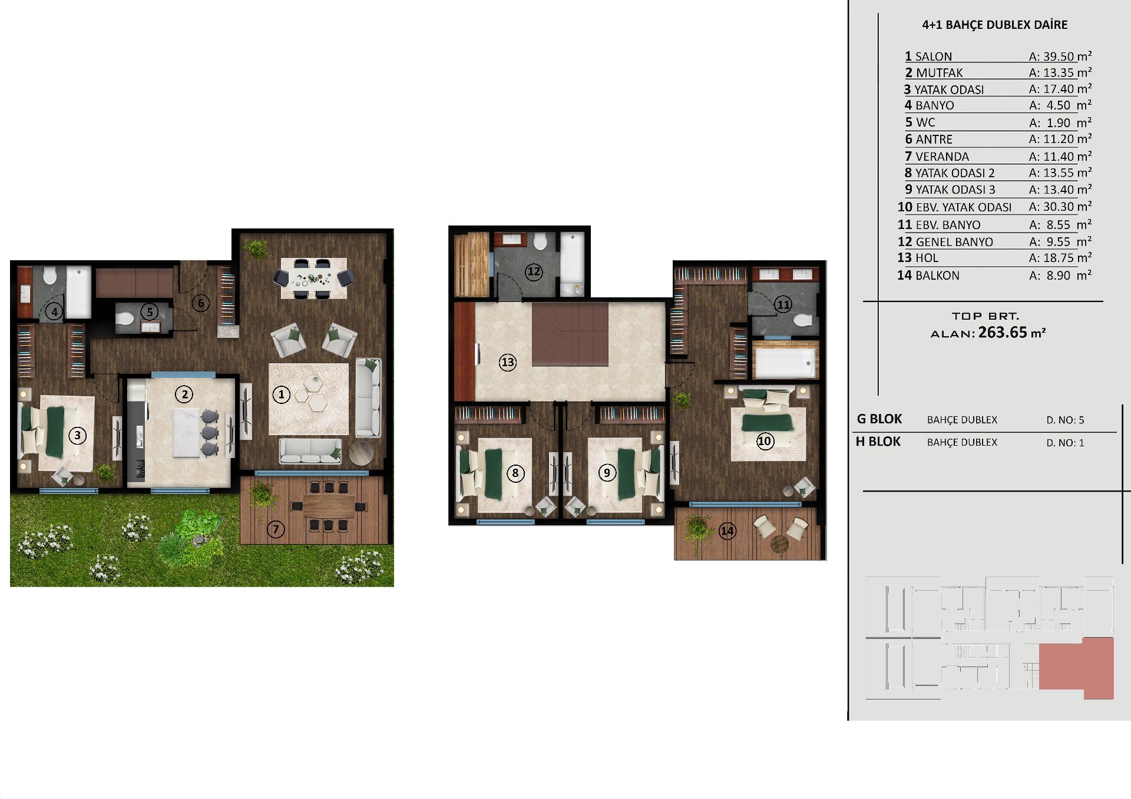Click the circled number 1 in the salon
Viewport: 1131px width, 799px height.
pyautogui.click(x=282, y=394)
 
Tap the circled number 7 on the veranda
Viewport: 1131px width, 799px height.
pyautogui.click(x=276, y=529)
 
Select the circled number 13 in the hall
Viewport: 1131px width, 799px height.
pyautogui.click(x=508, y=362)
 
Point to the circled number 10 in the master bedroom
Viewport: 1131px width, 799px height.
pyautogui.click(x=765, y=441)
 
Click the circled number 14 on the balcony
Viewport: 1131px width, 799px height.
pyautogui.click(x=727, y=531)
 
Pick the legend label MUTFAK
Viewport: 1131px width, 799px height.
pyautogui.click(x=939, y=73)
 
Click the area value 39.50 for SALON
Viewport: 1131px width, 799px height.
pyautogui.click(x=1059, y=57)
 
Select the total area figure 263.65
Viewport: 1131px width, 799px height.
pyautogui.click(x=1003, y=332)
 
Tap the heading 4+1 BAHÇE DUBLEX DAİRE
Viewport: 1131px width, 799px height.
pyautogui.click(x=994, y=25)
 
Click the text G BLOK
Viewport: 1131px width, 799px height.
pyautogui.click(x=879, y=419)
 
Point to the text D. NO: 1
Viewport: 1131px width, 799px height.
pyautogui.click(x=1065, y=443)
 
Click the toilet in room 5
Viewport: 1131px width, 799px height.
pyautogui.click(x=125, y=319)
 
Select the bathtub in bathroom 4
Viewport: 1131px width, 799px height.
pyautogui.click(x=78, y=292)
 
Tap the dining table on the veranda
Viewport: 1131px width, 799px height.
pyautogui.click(x=329, y=506)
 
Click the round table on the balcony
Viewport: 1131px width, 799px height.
pyautogui.click(x=779, y=544)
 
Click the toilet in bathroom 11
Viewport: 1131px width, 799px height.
pyautogui.click(x=801, y=320)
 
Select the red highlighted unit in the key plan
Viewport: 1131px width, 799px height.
pyautogui.click(x=1076, y=668)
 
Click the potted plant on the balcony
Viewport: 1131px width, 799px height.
pyautogui.click(x=697, y=529)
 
